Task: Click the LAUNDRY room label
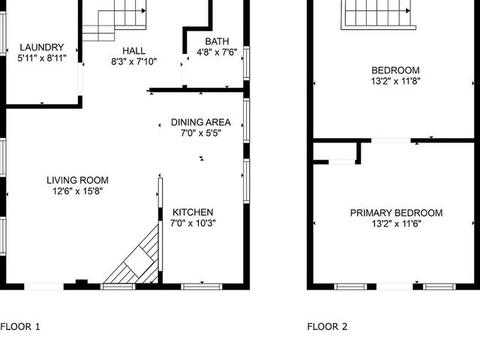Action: [x=42, y=46]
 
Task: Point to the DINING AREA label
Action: [x=200, y=122]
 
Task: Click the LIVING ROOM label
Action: [x=77, y=180]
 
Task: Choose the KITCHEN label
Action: [x=193, y=212]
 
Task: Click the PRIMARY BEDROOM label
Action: [x=396, y=213]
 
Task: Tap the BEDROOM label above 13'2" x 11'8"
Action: [x=394, y=70]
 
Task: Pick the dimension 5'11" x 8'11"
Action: [x=43, y=58]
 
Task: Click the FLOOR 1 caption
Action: [x=20, y=326]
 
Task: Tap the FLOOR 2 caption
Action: [x=328, y=326]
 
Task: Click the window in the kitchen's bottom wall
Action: [x=202, y=286]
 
